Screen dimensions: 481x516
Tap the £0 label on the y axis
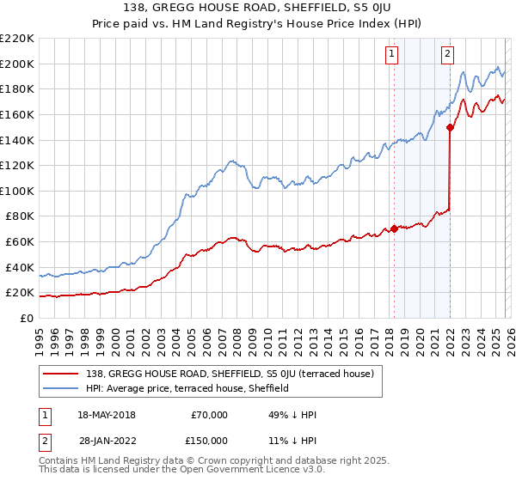coord(26,319)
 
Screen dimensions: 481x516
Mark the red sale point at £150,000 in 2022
coord(450,128)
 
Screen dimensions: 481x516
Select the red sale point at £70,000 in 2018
coord(394,228)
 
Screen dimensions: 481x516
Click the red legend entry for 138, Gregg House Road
coord(230,374)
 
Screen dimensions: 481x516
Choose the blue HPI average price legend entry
coord(187,388)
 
